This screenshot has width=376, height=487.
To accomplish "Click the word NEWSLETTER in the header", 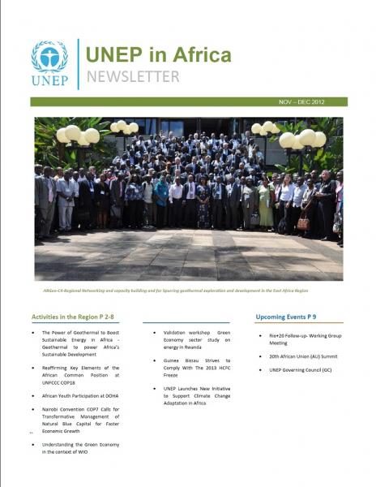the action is coord(133,77).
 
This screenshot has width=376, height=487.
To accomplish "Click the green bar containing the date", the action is coord(162,102).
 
